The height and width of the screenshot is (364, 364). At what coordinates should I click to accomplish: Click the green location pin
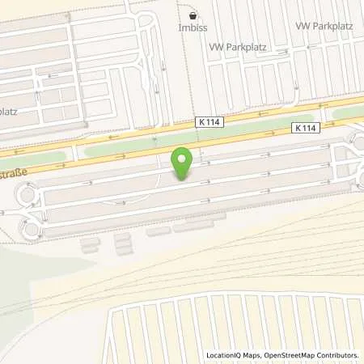184,163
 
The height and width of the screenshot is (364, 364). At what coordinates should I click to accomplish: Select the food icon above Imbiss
193,15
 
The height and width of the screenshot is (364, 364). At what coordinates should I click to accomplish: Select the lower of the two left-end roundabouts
31,229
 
